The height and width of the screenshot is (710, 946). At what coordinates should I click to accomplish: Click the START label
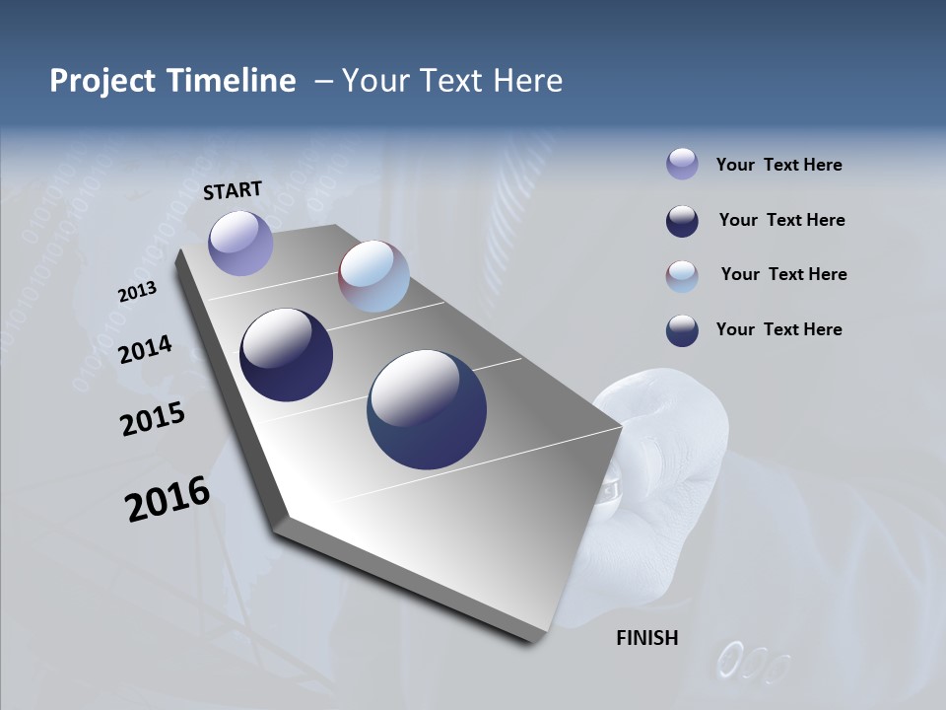pyautogui.click(x=233, y=190)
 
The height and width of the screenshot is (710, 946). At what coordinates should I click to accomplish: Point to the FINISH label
pyautogui.click(x=647, y=638)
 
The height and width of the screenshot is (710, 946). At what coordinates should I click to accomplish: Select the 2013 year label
pyautogui.click(x=137, y=292)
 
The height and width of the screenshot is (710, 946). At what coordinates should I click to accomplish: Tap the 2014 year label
pyautogui.click(x=145, y=349)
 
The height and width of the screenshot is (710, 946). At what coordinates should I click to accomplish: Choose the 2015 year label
pyautogui.click(x=153, y=419)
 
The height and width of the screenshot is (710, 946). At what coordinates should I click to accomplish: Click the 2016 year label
pyautogui.click(x=168, y=500)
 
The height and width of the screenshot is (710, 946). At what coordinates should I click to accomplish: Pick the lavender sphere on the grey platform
pyautogui.click(x=240, y=243)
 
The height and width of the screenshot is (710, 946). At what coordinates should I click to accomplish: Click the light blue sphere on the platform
pyautogui.click(x=373, y=276)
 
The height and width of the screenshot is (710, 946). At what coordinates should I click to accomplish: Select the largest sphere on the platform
pyautogui.click(x=427, y=409)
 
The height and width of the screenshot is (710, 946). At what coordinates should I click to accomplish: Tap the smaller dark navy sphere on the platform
pyautogui.click(x=286, y=355)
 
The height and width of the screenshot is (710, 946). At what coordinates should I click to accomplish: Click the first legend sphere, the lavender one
pyautogui.click(x=682, y=164)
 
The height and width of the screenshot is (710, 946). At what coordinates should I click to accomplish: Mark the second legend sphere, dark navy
pyautogui.click(x=682, y=221)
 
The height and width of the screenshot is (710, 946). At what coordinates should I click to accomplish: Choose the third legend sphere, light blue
pyautogui.click(x=682, y=276)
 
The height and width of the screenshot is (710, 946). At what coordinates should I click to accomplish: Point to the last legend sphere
pyautogui.click(x=682, y=330)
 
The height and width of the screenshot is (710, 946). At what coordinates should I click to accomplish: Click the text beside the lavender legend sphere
pyautogui.click(x=778, y=165)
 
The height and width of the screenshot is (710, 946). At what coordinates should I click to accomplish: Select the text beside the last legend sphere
pyautogui.click(x=778, y=329)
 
